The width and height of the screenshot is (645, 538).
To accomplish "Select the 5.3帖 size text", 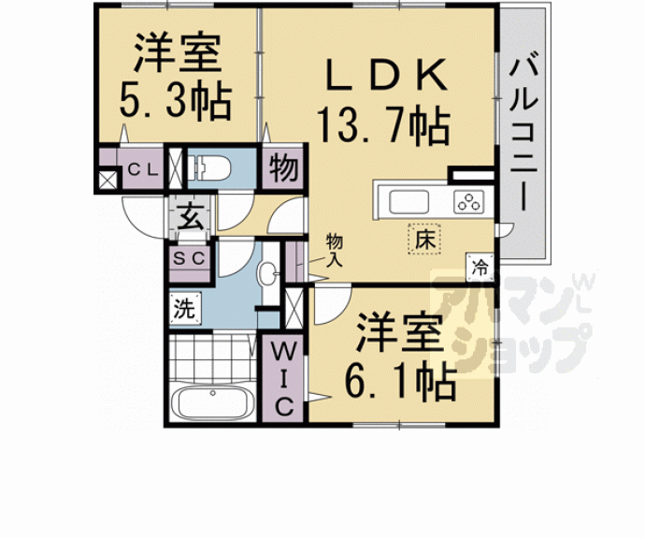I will click(175, 102).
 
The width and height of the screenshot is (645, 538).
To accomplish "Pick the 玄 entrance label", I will click(191, 221).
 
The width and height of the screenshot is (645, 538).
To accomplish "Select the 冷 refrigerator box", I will click(480, 267).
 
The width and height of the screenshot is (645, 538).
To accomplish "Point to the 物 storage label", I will click(283, 170).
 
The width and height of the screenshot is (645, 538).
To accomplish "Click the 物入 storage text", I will click(335, 250).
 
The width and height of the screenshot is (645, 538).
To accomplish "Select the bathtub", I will click(211, 405).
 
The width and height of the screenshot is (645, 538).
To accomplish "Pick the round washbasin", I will click(269, 275).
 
